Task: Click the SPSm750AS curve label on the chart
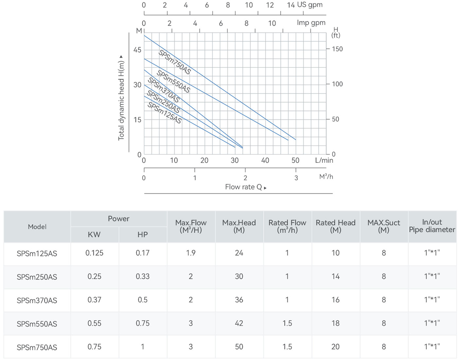point(174,62)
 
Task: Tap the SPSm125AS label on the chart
point(165,113)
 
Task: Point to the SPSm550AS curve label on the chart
point(173,81)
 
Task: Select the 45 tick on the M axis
point(137,50)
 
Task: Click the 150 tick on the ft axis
point(337,49)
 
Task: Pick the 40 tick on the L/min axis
point(265,160)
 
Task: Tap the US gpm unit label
point(309,5)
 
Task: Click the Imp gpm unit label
point(311,23)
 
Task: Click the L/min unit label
point(324,160)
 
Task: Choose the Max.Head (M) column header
point(239,226)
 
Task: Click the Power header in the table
point(118,219)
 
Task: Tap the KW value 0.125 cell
point(95,253)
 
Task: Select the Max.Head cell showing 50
point(239,347)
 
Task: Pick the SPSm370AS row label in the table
point(37,300)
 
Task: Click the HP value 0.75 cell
point(143,323)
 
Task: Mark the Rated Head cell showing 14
point(336,276)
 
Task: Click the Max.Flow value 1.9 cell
point(191,253)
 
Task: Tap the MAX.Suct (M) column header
point(384,226)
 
